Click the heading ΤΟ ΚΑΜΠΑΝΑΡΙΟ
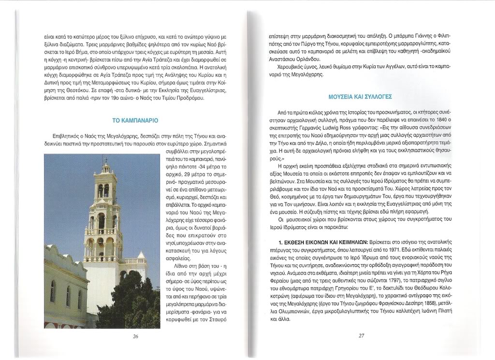pos(135,120)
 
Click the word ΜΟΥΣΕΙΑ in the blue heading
pos(340,97)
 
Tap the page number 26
pos(136,336)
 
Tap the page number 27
pos(361,336)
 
